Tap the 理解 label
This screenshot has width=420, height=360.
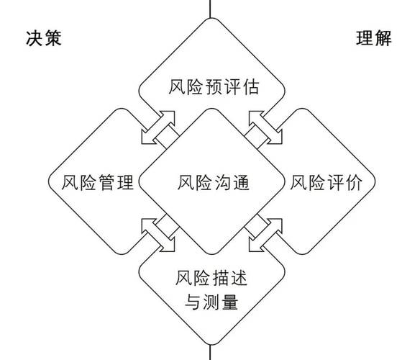(x=374, y=38)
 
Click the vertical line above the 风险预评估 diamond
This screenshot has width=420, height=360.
(x=210, y=9)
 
